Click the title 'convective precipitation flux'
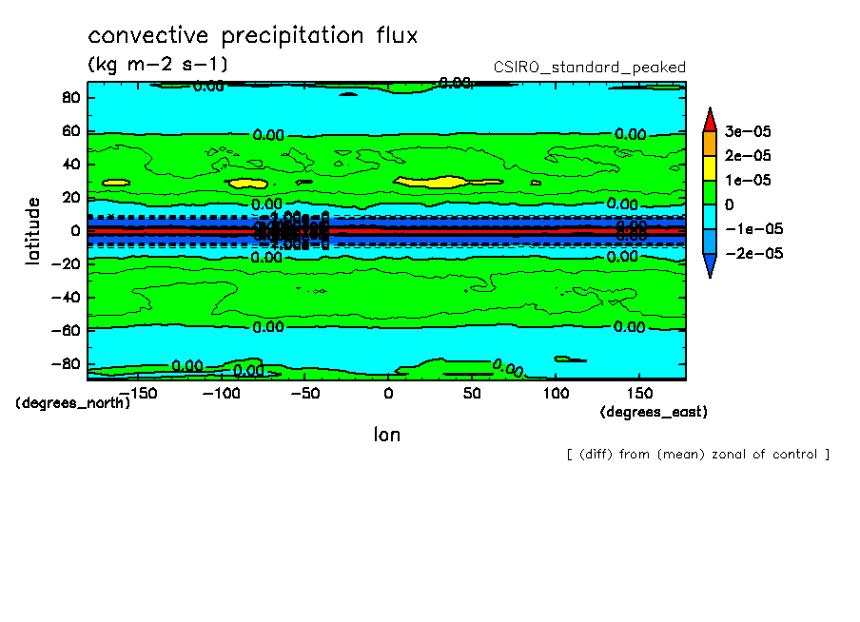(253, 36)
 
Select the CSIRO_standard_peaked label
(590, 67)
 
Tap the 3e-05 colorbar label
(748, 130)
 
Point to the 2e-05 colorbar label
(748, 155)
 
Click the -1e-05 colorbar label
(752, 229)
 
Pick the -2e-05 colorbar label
(752, 254)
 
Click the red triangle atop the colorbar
(710, 119)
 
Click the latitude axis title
(33, 231)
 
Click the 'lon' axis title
(386, 435)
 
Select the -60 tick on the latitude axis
(67, 329)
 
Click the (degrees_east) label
(654, 412)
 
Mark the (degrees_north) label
(73, 402)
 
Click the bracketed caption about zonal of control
(697, 455)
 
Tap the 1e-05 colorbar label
(748, 180)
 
